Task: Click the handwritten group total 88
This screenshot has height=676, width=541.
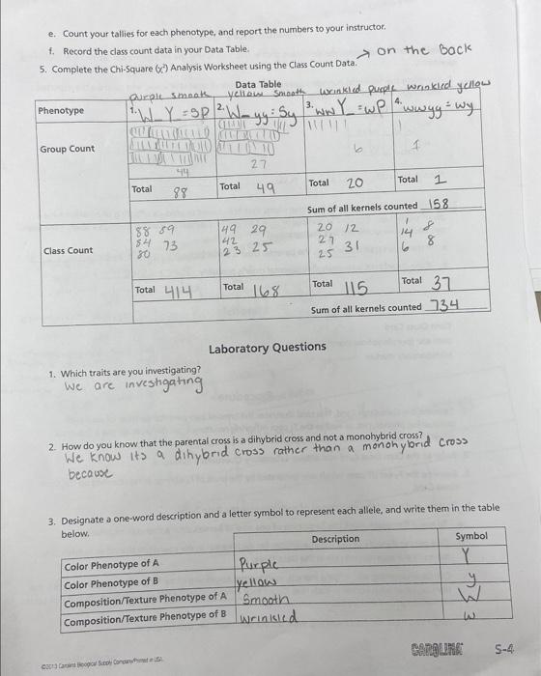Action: (179, 193)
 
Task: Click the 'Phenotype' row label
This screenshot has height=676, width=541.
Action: (61, 110)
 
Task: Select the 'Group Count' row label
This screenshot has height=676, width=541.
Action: (67, 149)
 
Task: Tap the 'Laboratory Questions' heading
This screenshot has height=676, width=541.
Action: (267, 348)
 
